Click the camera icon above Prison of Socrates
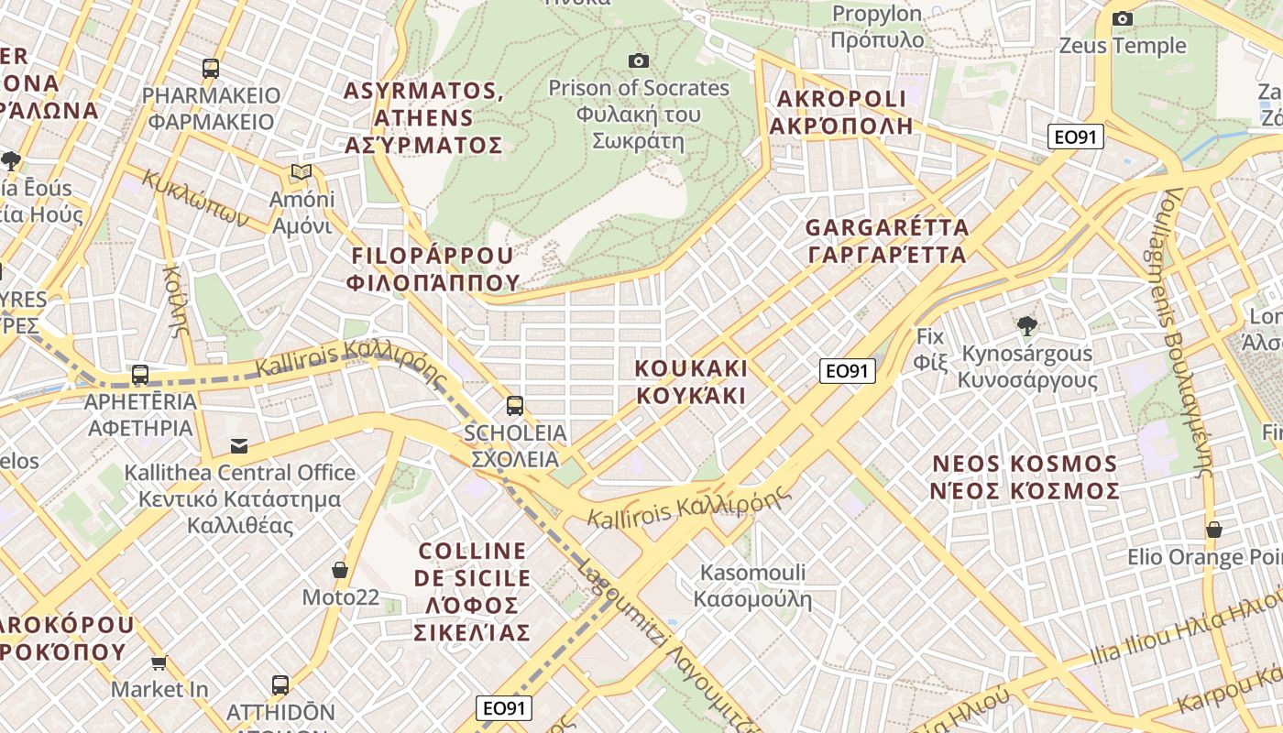(639, 60)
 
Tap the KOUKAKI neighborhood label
(692, 382)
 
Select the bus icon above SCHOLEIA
(515, 405)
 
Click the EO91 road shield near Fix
(848, 370)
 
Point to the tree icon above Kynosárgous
(1027, 325)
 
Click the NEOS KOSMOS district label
(1025, 476)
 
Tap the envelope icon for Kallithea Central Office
(239, 446)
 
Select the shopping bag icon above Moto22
(340, 570)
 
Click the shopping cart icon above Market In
(159, 662)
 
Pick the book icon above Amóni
(301, 171)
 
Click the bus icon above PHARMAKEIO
(211, 68)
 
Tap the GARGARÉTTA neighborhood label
(886, 240)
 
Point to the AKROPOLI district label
(841, 112)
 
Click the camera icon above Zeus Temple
(1122, 18)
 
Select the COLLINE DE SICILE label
(473, 591)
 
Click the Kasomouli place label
(752, 585)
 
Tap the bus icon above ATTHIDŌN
(280, 684)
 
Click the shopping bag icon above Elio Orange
(1214, 530)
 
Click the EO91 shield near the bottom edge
(505, 707)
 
